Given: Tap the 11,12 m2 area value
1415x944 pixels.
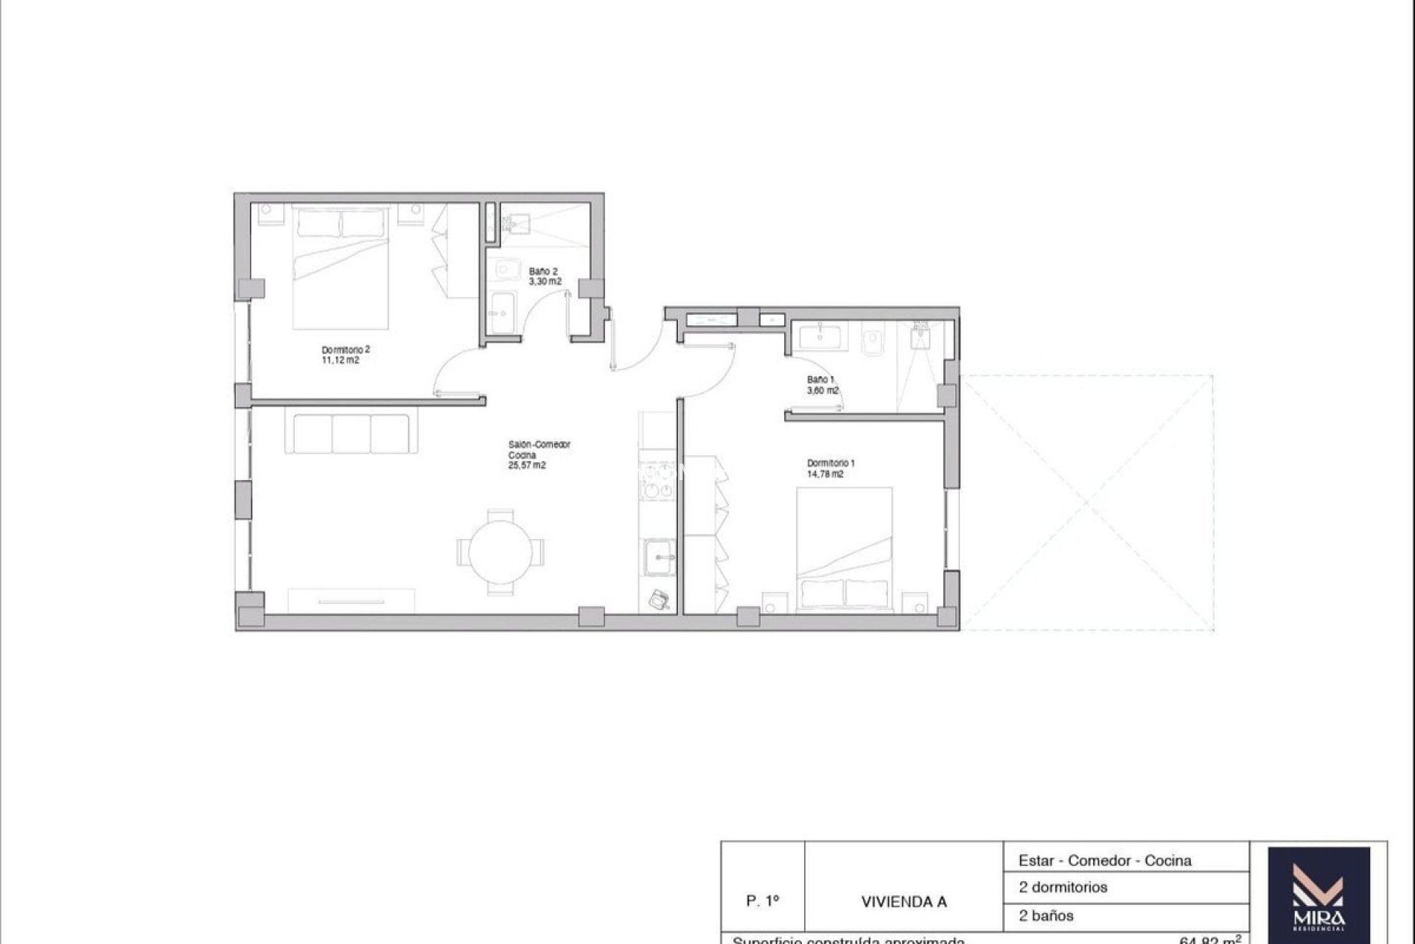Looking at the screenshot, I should (x=340, y=361).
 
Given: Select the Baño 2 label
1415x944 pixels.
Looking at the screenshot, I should (x=543, y=271).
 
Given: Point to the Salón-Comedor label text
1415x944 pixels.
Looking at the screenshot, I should (x=539, y=445).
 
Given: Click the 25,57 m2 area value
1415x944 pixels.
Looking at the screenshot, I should (x=526, y=466).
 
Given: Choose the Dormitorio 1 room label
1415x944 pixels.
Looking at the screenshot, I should (x=830, y=463).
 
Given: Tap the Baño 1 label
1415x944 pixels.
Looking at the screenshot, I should (x=820, y=380).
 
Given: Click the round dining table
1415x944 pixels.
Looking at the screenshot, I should (x=502, y=552).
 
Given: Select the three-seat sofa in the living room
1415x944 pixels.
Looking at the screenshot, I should (x=351, y=434).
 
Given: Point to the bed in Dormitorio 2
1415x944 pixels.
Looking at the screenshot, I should (x=340, y=267).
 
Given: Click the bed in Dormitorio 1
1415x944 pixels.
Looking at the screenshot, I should (x=845, y=549).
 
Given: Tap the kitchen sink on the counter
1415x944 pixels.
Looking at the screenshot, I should (x=659, y=558).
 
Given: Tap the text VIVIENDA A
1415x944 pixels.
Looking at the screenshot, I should (x=904, y=902).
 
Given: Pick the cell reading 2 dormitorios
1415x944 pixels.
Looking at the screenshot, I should (x=1063, y=887).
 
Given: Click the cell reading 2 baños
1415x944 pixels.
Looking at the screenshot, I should (x=1046, y=916).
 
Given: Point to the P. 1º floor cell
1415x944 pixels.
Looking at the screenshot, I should (x=762, y=901).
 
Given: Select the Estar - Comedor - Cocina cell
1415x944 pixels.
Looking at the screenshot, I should (x=1104, y=860).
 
